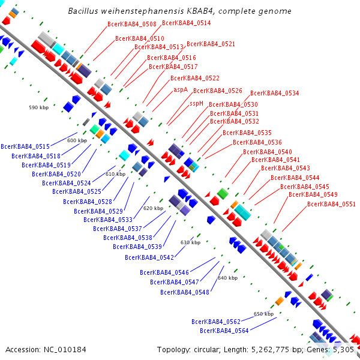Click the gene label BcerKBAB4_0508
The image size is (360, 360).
[x=131, y=24]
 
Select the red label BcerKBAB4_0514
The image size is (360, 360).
[x=186, y=23]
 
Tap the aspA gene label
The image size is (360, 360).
[x=181, y=89]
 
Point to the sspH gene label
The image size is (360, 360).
[x=197, y=103]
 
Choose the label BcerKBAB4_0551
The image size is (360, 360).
[x=331, y=204]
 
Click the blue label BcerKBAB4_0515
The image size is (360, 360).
[x=25, y=146]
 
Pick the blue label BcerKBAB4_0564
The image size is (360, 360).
[x=224, y=331]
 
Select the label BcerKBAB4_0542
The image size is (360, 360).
[x=149, y=257]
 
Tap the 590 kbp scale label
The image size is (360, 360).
[x=38, y=107]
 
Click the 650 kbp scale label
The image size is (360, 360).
[x=263, y=314]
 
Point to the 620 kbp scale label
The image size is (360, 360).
[x=153, y=208]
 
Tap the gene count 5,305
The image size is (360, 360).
[x=343, y=349]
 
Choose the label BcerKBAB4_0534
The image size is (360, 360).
[x=274, y=93]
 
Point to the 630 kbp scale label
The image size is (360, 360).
[x=190, y=242]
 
